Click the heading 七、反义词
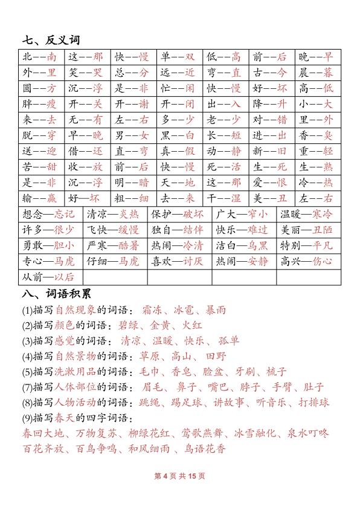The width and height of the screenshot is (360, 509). coord(51,41)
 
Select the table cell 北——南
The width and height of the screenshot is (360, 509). coord(39,57)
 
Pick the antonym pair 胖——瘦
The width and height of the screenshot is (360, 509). coord(39,103)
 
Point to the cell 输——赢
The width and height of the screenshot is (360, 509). coord(39,197)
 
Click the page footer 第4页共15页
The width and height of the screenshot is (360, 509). coord(180,476)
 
